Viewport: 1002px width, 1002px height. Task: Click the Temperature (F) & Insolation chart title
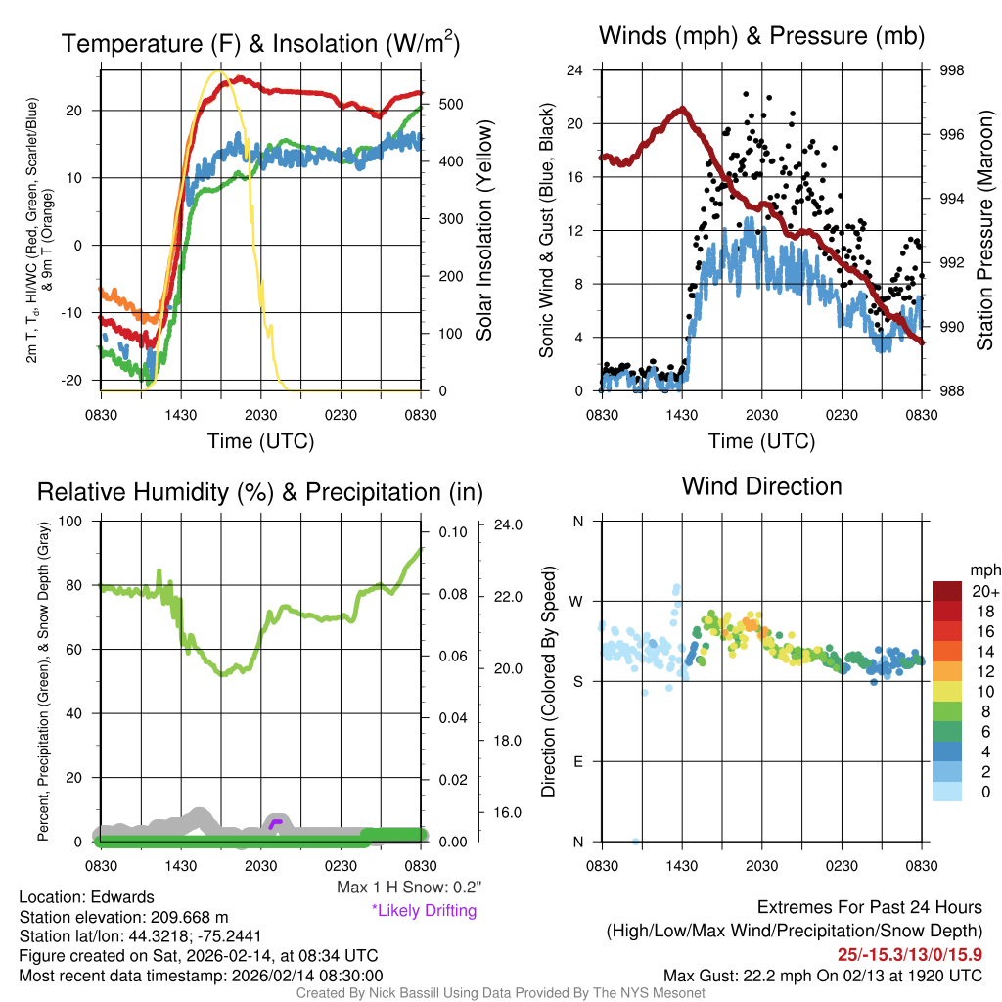tap(260, 43)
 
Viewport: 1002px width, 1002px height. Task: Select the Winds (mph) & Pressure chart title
tap(761, 36)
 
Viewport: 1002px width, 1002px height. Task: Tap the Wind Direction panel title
tap(761, 486)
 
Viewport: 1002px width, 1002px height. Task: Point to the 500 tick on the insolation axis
tap(453, 104)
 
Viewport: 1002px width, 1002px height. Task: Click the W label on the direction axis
tap(577, 601)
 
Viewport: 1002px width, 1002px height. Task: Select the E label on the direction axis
tap(577, 761)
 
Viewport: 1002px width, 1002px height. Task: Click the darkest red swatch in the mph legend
tap(946, 591)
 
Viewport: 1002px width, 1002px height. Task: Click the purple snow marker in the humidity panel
tap(276, 824)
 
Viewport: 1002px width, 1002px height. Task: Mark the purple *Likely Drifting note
tap(424, 910)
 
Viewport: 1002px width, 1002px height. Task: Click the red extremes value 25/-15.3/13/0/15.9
tap(909, 954)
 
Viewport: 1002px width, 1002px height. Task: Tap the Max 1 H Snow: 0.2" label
tap(408, 888)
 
